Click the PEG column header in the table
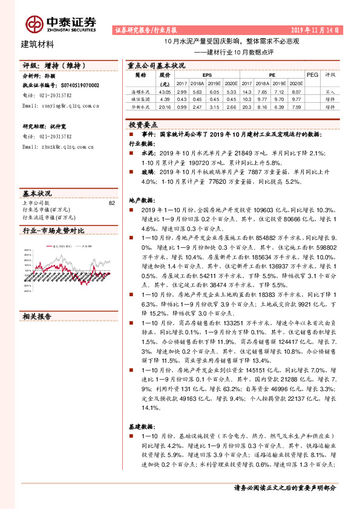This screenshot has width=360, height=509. click(x=312, y=75)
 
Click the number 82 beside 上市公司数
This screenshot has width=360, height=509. click(x=111, y=203)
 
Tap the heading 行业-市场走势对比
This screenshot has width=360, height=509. click(x=53, y=231)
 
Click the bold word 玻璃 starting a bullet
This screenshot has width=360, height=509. click(x=147, y=172)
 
